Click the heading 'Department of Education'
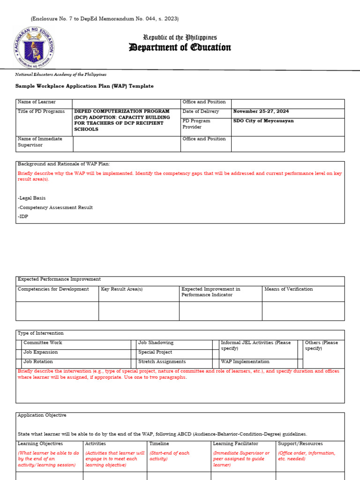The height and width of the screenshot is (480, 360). [x=180, y=47]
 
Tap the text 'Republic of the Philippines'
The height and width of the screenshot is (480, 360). [x=180, y=37]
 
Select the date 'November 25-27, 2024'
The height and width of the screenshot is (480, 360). [x=261, y=112]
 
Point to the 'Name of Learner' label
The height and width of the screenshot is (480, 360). [x=37, y=102]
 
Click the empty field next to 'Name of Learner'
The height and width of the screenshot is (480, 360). [x=126, y=103]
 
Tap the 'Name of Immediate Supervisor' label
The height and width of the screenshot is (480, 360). [x=40, y=142]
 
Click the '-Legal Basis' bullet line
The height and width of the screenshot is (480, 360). [x=32, y=198]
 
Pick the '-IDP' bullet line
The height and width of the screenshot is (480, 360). [x=23, y=217]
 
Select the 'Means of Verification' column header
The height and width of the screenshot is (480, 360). [x=288, y=289]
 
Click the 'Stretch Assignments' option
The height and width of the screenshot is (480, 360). [x=162, y=362]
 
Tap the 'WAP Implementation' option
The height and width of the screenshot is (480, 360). [x=245, y=362]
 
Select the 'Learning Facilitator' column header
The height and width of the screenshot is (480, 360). [x=235, y=443]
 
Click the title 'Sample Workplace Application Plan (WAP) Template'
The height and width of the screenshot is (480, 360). [x=84, y=86]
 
